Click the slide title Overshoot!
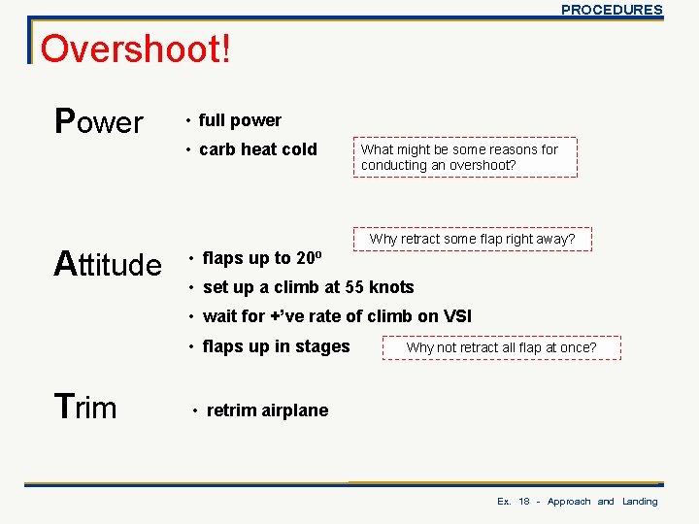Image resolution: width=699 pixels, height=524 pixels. [x=136, y=49]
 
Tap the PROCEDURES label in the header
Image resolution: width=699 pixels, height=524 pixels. [x=612, y=10]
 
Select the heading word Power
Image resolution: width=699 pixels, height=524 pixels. [x=99, y=122]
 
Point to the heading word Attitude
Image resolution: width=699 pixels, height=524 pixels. [x=108, y=263]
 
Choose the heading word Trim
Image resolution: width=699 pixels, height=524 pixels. [x=85, y=408]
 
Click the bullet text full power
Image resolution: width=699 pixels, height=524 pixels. [x=240, y=120]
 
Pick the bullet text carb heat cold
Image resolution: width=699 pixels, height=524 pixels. [x=257, y=149]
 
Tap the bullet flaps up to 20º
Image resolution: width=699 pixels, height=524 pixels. [x=261, y=258]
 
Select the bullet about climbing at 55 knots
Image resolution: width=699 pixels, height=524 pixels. [x=308, y=287]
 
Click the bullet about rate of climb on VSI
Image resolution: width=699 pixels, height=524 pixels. [x=337, y=316]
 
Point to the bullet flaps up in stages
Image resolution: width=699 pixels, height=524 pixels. [x=276, y=346]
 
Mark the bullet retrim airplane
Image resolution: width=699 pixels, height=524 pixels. [x=267, y=410]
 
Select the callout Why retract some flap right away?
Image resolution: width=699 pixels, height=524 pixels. [x=472, y=239]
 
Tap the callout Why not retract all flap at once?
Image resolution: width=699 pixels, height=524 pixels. [x=501, y=347]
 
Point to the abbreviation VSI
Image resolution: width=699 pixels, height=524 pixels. [x=457, y=316]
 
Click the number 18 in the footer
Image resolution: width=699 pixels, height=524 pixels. [x=524, y=502]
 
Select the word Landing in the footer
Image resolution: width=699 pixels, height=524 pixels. [x=640, y=502]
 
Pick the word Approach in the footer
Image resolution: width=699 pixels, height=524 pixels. [x=569, y=502]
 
